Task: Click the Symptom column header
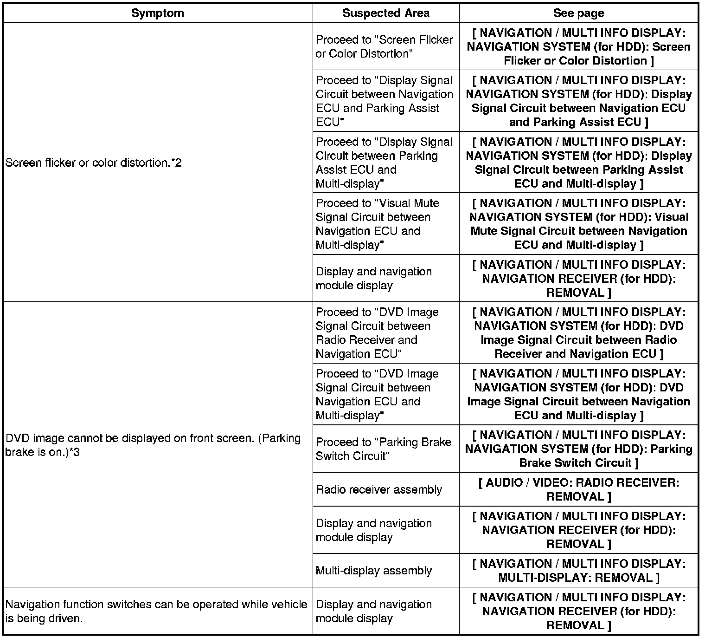pyautogui.click(x=157, y=13)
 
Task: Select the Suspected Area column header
pyautogui.click(x=385, y=13)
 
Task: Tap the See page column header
pyautogui.click(x=578, y=13)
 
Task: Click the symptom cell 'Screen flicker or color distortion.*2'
pyautogui.click(x=93, y=163)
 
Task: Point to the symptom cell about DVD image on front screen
pyautogui.click(x=153, y=445)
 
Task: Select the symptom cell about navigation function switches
pyautogui.click(x=156, y=611)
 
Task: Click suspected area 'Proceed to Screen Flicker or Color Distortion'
pyautogui.click(x=384, y=46)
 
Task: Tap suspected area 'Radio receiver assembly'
pyautogui.click(x=379, y=489)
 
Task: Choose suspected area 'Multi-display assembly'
pyautogui.click(x=373, y=571)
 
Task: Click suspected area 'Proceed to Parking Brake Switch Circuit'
pyautogui.click(x=383, y=449)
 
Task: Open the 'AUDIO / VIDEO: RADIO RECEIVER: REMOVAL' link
pyautogui.click(x=578, y=489)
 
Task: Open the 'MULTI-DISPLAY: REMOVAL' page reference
pyautogui.click(x=578, y=571)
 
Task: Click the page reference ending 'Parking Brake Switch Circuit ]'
pyautogui.click(x=578, y=449)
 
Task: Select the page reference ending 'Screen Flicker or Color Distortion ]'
pyautogui.click(x=578, y=46)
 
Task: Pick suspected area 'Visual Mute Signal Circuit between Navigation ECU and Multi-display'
pyautogui.click(x=377, y=224)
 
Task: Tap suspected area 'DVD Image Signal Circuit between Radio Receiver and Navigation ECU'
pyautogui.click(x=377, y=333)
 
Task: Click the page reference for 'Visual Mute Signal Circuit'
pyautogui.click(x=578, y=224)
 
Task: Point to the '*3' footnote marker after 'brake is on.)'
pyautogui.click(x=74, y=452)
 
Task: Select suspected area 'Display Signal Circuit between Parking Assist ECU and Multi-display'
pyautogui.click(x=384, y=163)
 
